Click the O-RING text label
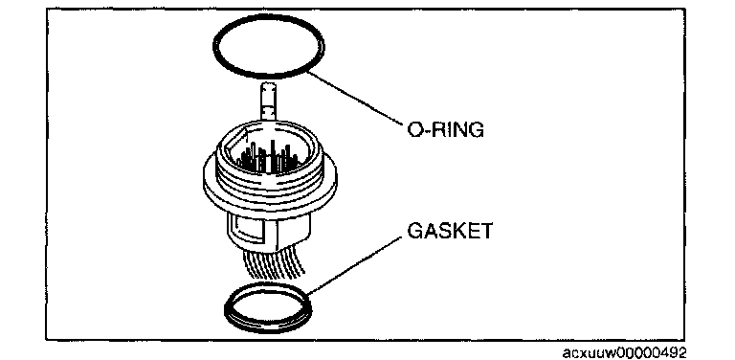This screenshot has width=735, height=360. pyautogui.click(x=445, y=129)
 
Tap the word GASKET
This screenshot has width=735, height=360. pyautogui.click(x=450, y=231)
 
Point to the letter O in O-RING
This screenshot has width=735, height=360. pyautogui.click(x=414, y=129)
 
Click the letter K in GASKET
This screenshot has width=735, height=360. pyautogui.click(x=457, y=231)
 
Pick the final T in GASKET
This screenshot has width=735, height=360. pyautogui.click(x=485, y=231)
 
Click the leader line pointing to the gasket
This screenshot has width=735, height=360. pyautogui.click(x=355, y=266)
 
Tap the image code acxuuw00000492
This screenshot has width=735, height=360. pyautogui.click(x=624, y=352)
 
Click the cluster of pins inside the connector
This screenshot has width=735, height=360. pyautogui.click(x=267, y=158)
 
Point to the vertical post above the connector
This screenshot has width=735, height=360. pyautogui.click(x=268, y=103)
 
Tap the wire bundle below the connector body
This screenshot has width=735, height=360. pyautogui.click(x=275, y=262)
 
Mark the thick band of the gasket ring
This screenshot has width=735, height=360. pyautogui.click(x=268, y=327)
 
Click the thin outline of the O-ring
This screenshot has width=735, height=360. pyautogui.click(x=268, y=77)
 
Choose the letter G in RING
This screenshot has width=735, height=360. pyautogui.click(x=476, y=129)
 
